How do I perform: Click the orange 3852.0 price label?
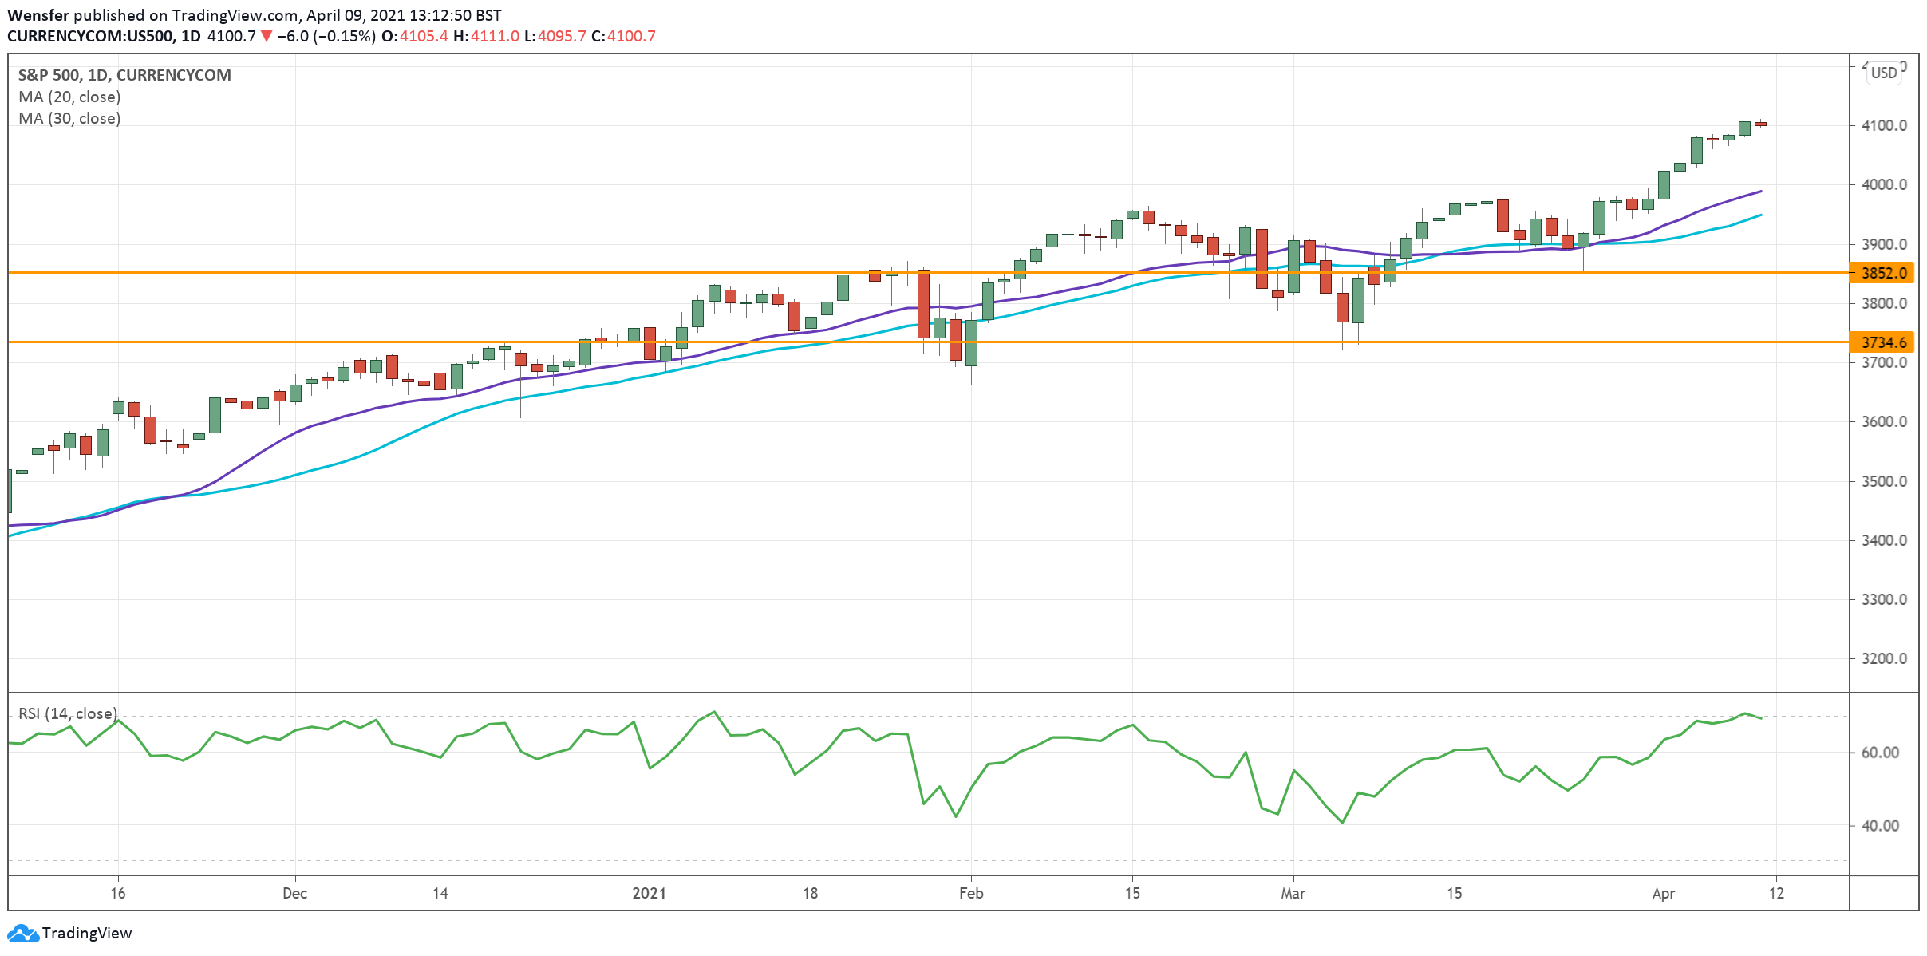click(x=1882, y=273)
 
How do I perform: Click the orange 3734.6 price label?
click(x=1882, y=342)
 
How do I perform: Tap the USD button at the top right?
click(x=1884, y=73)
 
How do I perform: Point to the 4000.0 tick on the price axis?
click(x=1884, y=184)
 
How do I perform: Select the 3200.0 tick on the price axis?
click(x=1884, y=658)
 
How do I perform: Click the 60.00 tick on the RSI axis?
click(x=1880, y=753)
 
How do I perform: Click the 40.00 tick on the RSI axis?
click(x=1880, y=826)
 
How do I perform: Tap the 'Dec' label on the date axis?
click(x=294, y=893)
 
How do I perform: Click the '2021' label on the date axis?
click(x=649, y=893)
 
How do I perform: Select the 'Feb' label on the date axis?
click(x=971, y=893)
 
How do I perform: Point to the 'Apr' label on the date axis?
click(x=1663, y=893)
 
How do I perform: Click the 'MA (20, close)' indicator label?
click(x=69, y=97)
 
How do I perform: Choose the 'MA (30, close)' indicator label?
click(x=69, y=118)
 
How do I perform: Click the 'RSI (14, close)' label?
click(x=68, y=713)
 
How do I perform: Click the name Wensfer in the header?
click(x=38, y=15)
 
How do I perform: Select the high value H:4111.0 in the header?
click(x=486, y=36)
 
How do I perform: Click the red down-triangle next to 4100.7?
click(x=267, y=36)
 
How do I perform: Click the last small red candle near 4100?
click(x=1760, y=124)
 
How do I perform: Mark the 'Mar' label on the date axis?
click(x=1293, y=893)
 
